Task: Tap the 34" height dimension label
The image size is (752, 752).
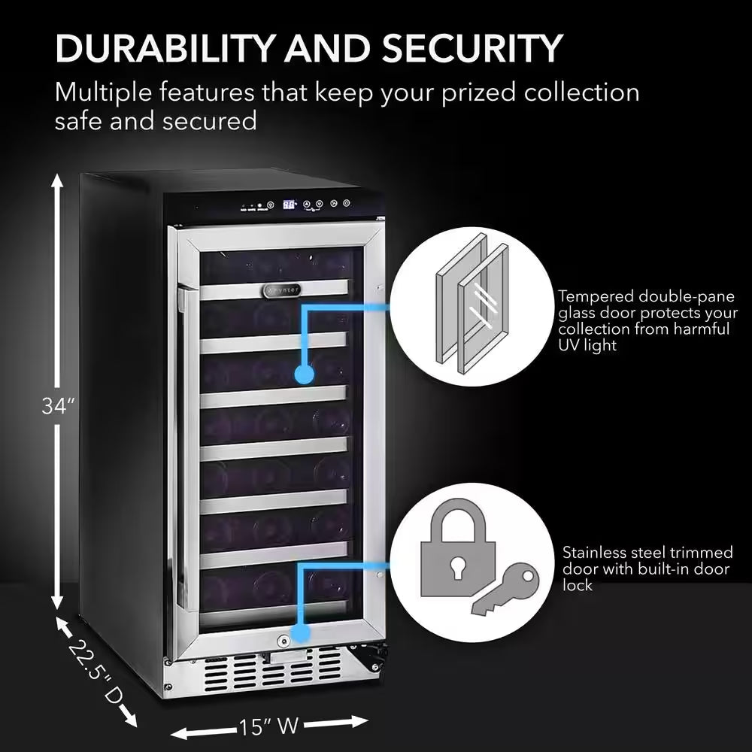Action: [x=58, y=406]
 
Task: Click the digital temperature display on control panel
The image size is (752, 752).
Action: [x=290, y=204]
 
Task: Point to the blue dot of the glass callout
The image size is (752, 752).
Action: [x=304, y=374]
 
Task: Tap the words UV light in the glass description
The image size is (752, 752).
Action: [x=587, y=345]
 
